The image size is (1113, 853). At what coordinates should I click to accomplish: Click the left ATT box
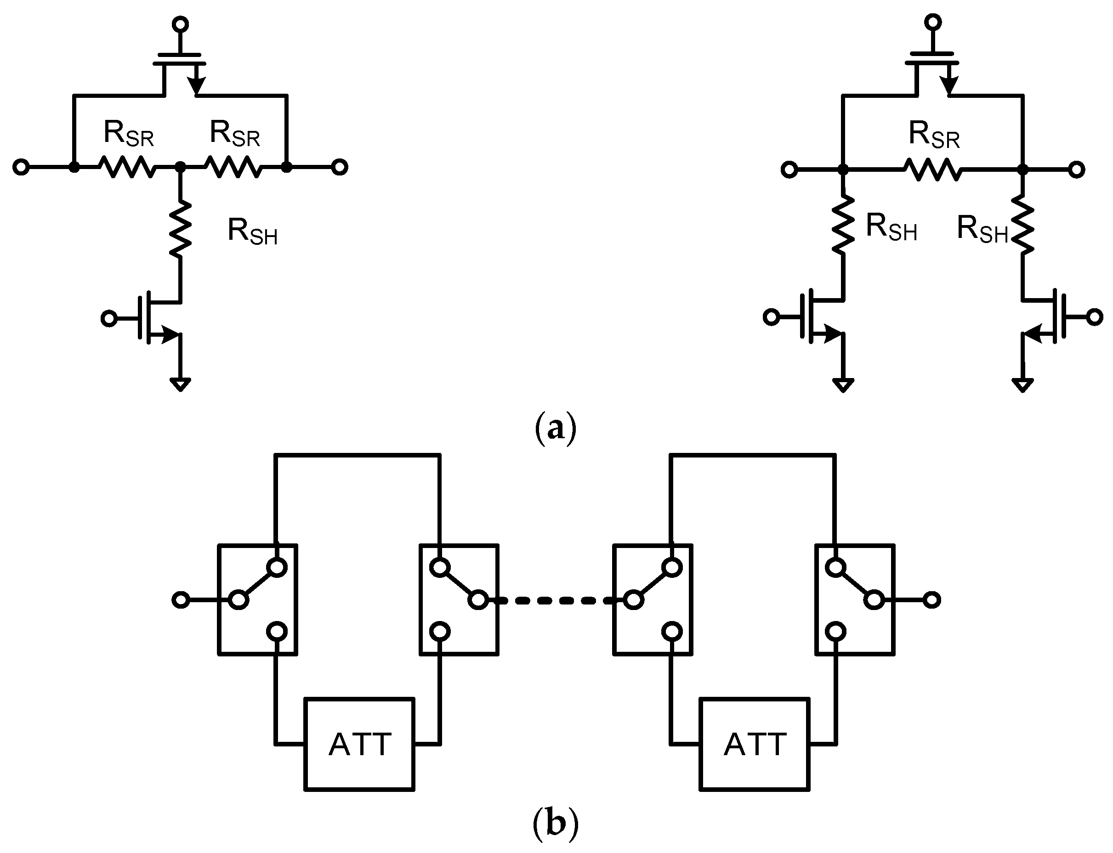point(359,744)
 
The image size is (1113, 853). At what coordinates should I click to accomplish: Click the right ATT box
point(755,744)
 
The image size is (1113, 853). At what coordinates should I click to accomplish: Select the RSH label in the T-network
point(252,232)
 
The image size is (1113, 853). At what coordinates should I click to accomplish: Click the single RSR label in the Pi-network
point(934,136)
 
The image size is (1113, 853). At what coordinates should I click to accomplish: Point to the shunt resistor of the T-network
point(180,228)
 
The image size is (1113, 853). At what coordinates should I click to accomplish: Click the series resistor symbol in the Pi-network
point(934,169)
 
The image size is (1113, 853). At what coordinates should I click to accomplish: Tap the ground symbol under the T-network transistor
point(180,384)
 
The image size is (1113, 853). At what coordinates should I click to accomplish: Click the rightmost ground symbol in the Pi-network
point(1022,385)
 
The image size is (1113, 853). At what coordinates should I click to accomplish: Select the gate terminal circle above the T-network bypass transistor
point(180,24)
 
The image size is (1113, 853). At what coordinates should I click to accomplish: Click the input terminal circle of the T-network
point(21,167)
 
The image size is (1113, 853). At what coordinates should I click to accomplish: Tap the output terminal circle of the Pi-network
point(1076,169)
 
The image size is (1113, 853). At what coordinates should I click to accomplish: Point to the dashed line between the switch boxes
point(556,601)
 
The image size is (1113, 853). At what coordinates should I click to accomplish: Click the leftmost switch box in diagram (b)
point(257,599)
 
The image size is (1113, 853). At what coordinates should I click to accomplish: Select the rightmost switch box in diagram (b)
point(855,599)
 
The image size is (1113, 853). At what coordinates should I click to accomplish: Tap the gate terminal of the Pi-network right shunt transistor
point(1095,317)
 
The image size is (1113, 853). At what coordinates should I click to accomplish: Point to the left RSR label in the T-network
point(129,134)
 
